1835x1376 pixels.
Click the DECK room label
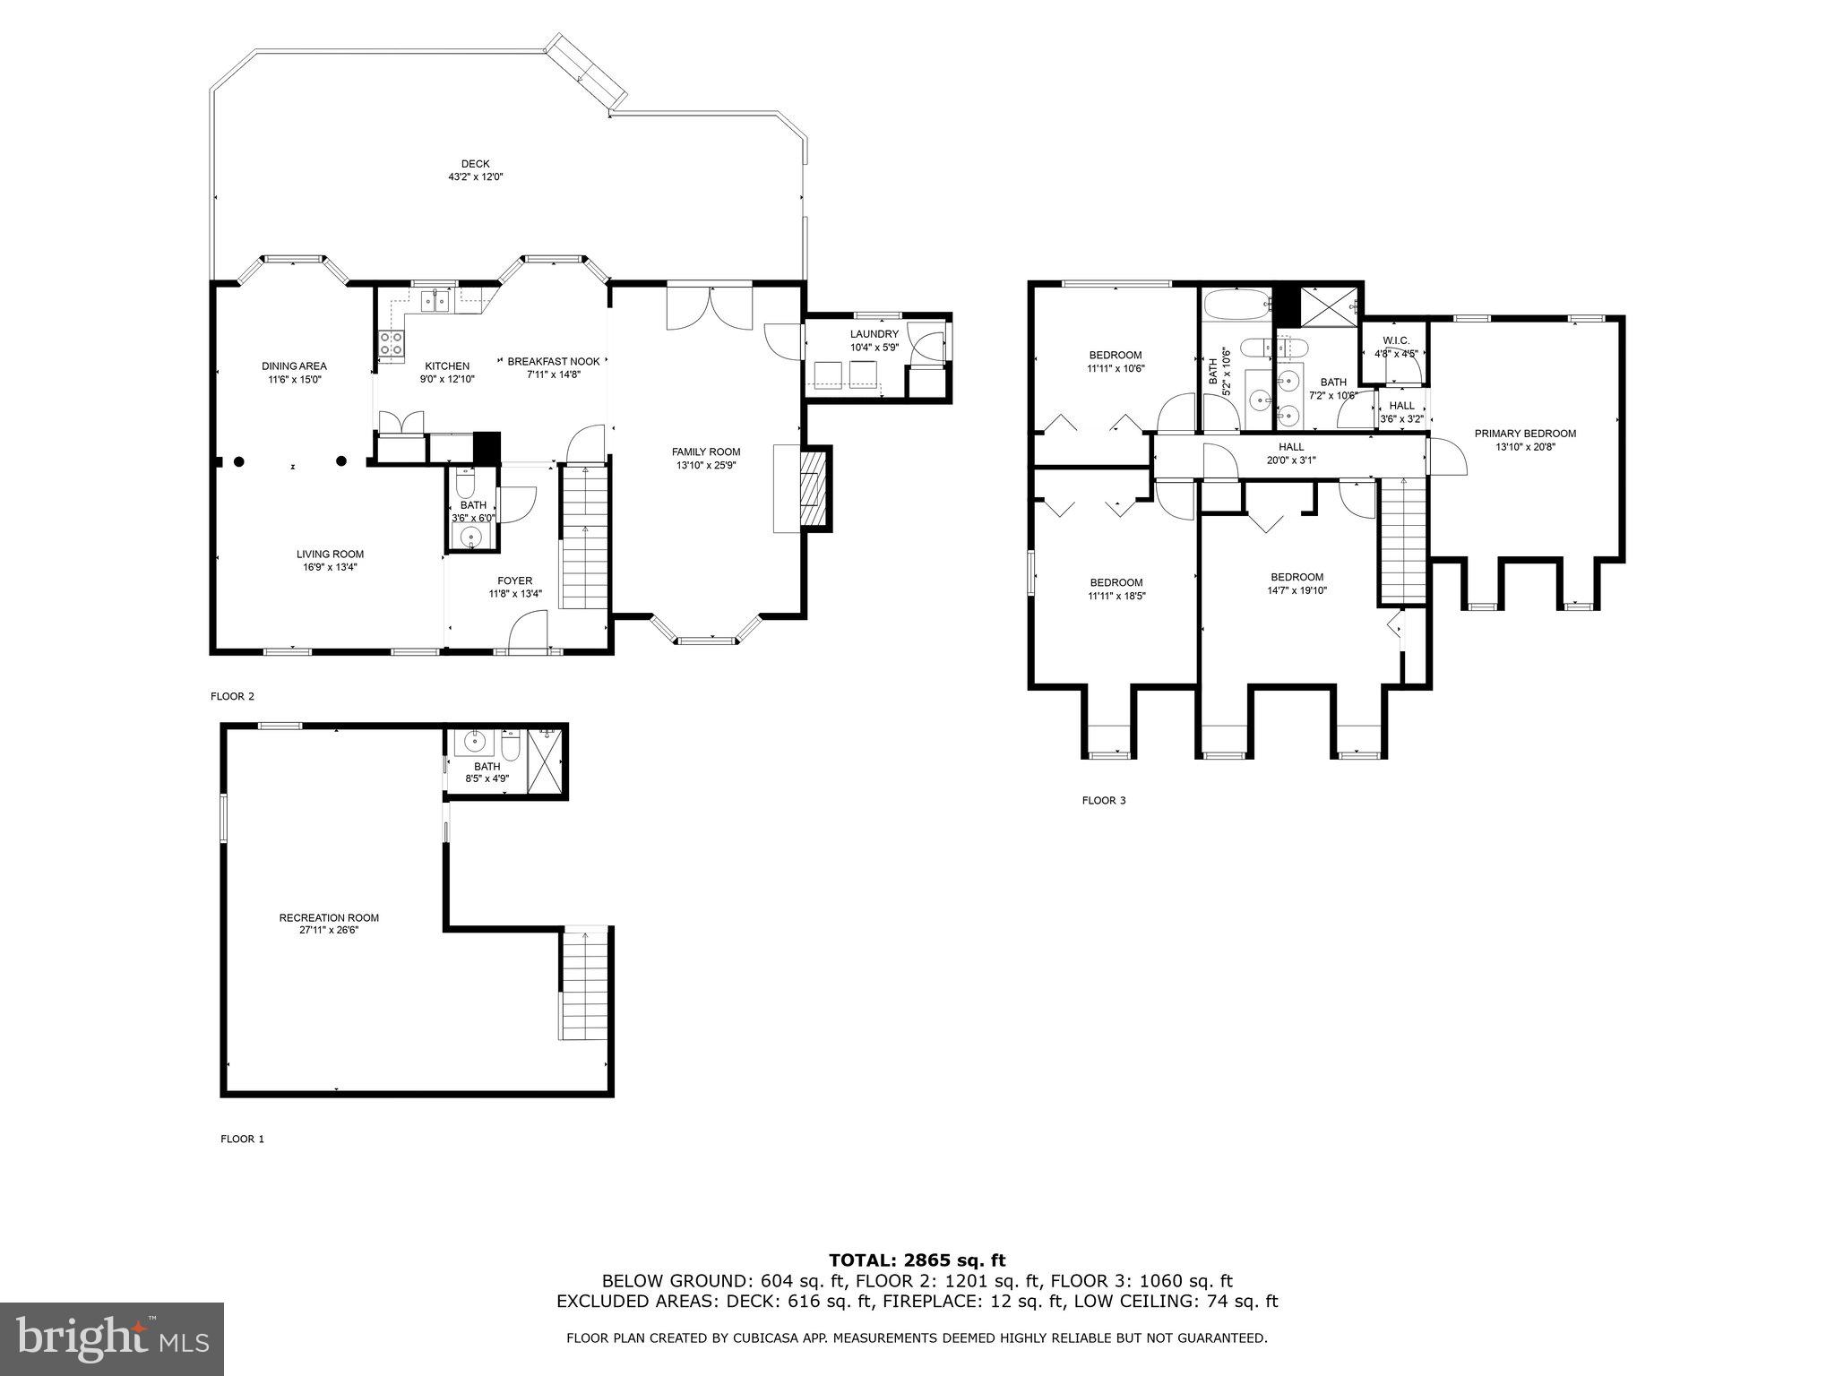tap(476, 170)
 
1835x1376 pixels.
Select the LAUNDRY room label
tap(874, 340)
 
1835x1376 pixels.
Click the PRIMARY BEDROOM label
tap(1525, 439)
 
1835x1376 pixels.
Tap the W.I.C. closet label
tap(1396, 347)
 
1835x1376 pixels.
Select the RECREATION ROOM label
tap(329, 924)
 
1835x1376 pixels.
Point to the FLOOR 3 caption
tap(1103, 800)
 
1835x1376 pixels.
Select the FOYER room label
tap(515, 587)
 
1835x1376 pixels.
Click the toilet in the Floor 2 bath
tap(465, 485)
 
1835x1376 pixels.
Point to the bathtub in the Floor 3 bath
tap(1236, 305)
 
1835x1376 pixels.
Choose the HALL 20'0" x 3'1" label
tap(1291, 452)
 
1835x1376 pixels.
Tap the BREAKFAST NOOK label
tap(553, 367)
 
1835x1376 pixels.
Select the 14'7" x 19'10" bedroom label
tap(1297, 582)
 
